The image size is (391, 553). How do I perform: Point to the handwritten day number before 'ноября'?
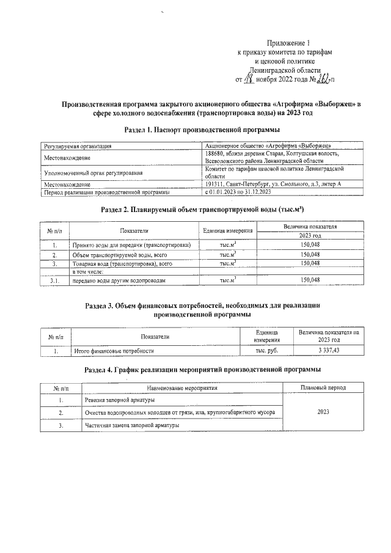point(249,79)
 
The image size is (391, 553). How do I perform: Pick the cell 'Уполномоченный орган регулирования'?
point(92,174)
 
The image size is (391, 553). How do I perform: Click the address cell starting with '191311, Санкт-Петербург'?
point(273,184)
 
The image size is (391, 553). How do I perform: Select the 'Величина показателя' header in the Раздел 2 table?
point(310,227)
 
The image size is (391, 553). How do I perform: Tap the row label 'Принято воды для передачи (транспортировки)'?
point(131,245)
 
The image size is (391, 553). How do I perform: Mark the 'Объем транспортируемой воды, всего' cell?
point(116,254)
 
